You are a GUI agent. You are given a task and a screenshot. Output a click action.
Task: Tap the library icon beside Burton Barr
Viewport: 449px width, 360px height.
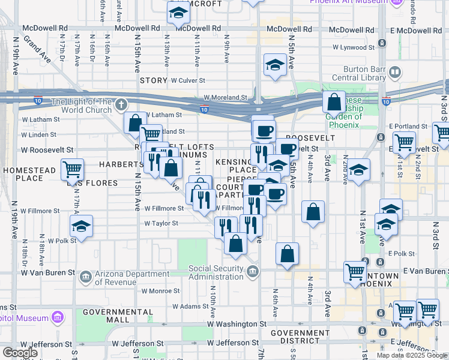[x=394, y=73]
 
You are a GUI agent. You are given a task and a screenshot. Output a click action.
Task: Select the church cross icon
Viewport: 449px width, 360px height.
[x=120, y=106]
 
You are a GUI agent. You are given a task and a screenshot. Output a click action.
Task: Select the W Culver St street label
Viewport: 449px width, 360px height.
[x=188, y=80]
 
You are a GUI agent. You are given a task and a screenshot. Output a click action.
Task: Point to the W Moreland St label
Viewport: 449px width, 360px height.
[x=225, y=97]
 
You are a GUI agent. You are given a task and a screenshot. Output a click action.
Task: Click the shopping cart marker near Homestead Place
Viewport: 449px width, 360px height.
[x=72, y=170]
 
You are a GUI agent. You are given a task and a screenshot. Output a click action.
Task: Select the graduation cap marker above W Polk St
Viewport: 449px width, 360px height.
[x=81, y=226]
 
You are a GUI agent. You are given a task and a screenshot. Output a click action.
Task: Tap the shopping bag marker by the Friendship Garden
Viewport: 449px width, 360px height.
[x=334, y=101]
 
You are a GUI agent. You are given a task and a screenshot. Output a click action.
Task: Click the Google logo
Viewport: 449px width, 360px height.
[x=20, y=353]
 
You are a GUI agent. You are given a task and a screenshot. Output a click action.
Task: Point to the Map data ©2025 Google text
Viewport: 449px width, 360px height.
[x=411, y=355]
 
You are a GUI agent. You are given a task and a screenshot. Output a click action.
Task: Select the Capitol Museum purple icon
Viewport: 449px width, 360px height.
[x=58, y=316]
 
